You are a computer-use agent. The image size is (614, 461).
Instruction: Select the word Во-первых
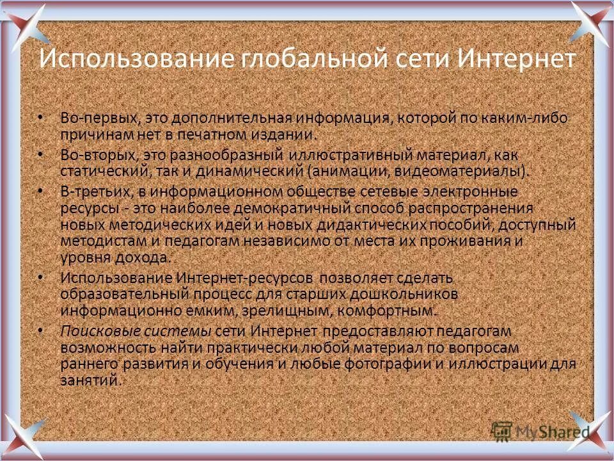[x=100, y=118]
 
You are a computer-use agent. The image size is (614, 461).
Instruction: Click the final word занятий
[x=90, y=380]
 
